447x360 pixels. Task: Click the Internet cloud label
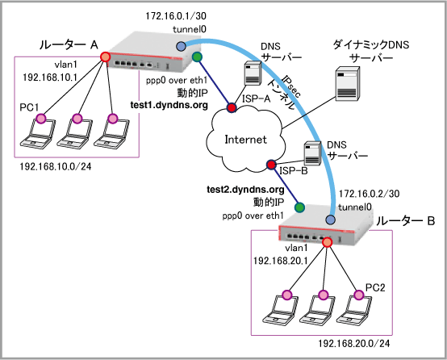[245, 140]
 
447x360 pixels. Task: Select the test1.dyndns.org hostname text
[169, 105]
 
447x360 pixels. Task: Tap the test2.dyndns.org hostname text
[245, 190]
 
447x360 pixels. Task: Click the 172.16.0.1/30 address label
[176, 16]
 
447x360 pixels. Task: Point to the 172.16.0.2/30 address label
[369, 194]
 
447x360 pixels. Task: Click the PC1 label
[29, 107]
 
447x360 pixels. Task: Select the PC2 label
[375, 287]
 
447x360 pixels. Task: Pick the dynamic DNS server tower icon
[347, 84]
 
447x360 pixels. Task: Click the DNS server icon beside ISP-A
[253, 73]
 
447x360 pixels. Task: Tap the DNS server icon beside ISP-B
[312, 153]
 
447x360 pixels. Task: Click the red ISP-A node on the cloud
[232, 107]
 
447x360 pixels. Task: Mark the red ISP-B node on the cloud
[271, 165]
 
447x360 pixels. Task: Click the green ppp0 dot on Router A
[197, 57]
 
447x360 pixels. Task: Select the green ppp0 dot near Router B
[299, 207]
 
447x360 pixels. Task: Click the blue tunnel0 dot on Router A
[181, 46]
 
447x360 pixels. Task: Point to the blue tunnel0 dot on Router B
[330, 220]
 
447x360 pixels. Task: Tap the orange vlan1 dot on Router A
[105, 57]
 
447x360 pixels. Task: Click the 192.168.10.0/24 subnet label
[56, 166]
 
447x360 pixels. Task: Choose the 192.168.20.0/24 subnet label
[353, 344]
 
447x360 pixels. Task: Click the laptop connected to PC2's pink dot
[353, 312]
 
